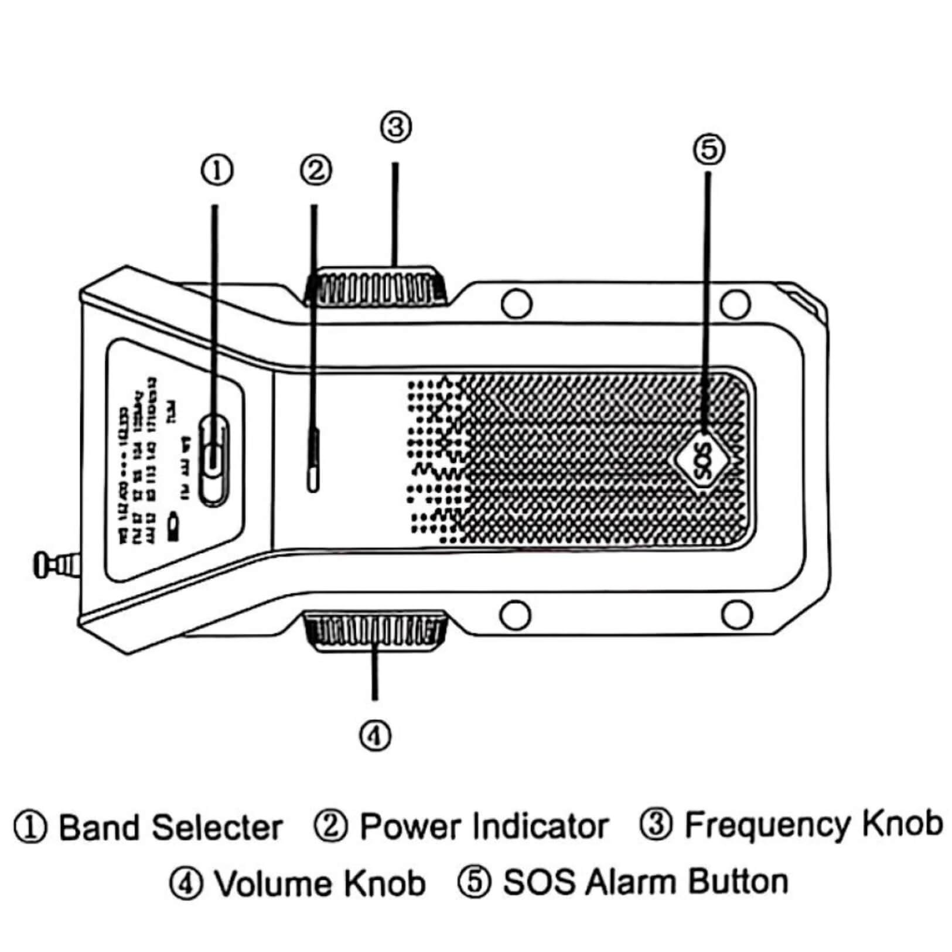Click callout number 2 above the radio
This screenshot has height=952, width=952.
coord(316,170)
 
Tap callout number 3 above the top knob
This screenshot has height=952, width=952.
coord(396,127)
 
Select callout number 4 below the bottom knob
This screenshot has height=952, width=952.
coord(375,735)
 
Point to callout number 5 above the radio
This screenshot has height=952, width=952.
coord(709,149)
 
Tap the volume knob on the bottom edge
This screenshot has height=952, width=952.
coord(375,630)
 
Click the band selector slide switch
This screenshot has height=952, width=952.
coord(214,458)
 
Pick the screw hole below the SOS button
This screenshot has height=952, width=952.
coord(735,613)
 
